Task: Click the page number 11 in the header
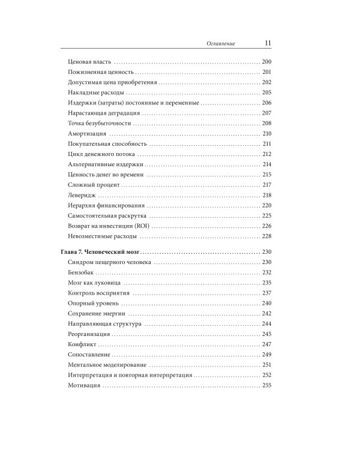[268, 43]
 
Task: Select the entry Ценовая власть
[90, 62]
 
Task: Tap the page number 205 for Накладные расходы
[267, 93]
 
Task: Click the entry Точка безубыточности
[100, 124]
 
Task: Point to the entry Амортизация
[88, 134]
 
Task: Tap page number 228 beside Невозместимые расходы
[267, 236]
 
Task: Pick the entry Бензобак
[82, 272]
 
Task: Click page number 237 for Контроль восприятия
[267, 293]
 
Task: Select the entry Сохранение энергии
[96, 313]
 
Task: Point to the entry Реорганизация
[90, 334]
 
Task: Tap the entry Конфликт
[83, 344]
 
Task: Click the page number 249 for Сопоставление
[267, 354]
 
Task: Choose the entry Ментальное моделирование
[107, 364]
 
